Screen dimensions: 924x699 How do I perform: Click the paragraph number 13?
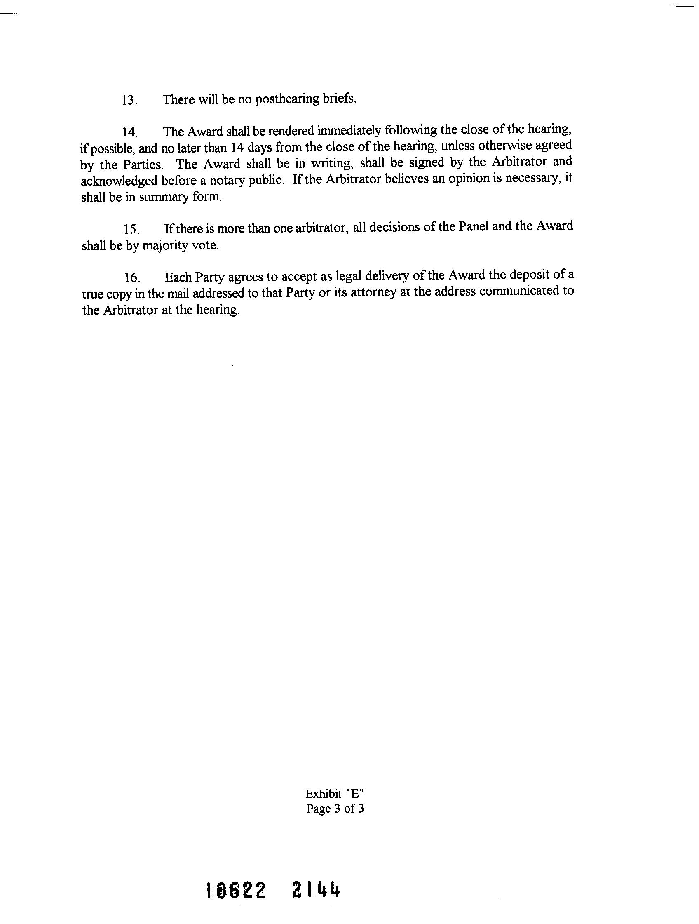point(129,101)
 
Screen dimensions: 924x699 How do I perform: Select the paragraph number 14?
point(129,133)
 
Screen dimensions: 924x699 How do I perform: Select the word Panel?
point(474,226)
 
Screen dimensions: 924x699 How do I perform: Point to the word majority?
point(165,246)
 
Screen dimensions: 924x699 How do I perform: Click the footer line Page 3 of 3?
point(335,809)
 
